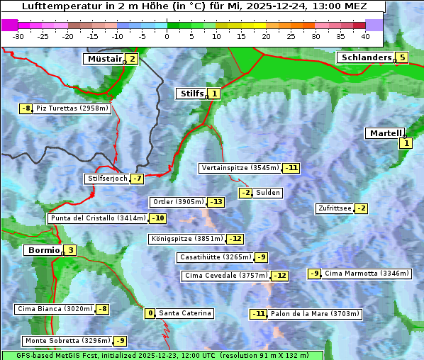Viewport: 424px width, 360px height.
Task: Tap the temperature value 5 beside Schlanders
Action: tap(402, 58)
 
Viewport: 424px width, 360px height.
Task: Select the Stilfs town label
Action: tap(191, 93)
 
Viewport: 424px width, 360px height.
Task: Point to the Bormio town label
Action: tap(43, 250)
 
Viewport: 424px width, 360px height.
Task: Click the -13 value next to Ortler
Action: tap(216, 202)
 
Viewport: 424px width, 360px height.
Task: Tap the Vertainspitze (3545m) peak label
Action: tap(240, 168)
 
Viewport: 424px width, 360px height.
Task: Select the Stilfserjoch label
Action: tap(107, 179)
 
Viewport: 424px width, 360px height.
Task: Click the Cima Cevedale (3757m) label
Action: tap(226, 276)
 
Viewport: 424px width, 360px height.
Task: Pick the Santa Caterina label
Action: tap(184, 313)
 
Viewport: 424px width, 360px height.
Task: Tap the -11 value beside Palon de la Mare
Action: tap(259, 314)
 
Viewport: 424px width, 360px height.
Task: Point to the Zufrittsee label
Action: tap(334, 208)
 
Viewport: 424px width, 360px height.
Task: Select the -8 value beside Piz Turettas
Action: tap(26, 108)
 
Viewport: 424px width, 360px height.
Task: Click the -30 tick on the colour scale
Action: tap(18, 36)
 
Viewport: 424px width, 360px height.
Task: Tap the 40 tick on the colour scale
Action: tap(365, 36)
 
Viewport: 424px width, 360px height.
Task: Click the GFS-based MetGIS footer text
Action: tap(162, 354)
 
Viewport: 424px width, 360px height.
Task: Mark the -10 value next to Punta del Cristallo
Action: tap(157, 218)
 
